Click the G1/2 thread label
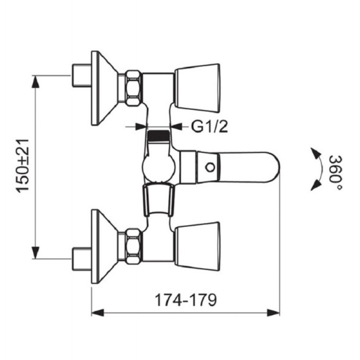210,126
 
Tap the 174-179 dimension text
186,300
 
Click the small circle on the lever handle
210,167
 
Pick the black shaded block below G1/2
158,136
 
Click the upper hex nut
133,88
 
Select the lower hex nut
133,246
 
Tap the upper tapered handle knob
197,88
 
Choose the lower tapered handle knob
197,246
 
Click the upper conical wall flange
104,88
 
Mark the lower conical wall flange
104,246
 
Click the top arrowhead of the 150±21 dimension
35,81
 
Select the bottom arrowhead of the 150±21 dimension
35,252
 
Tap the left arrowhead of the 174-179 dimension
98,312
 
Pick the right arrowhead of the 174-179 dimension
274,312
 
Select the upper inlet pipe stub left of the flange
82,75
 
